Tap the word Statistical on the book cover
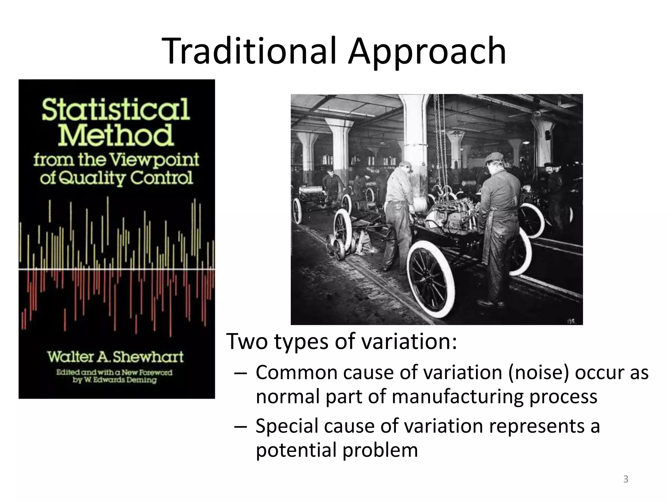[x=116, y=109]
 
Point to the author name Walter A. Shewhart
[x=115, y=357]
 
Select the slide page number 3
[x=626, y=479]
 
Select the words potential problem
[x=337, y=450]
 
